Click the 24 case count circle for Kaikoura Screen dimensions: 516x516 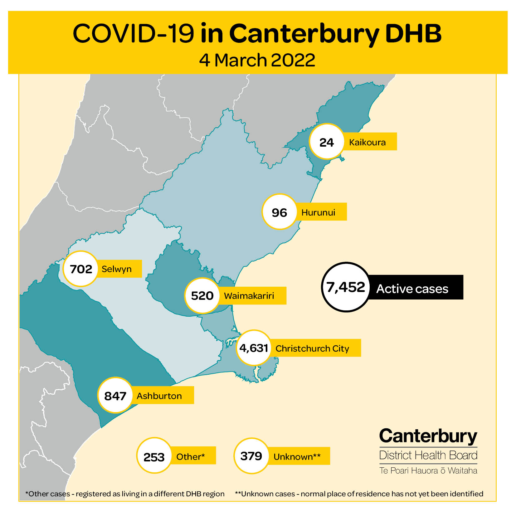326,142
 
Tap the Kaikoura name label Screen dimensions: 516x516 368,142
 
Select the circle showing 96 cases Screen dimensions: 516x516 279,212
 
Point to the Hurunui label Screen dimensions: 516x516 318,212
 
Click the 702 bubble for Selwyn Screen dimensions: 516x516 81,269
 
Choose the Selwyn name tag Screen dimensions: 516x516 117,269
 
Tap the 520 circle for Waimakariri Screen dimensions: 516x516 202,295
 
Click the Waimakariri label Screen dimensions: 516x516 249,295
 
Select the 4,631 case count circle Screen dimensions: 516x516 254,348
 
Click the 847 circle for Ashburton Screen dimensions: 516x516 115,395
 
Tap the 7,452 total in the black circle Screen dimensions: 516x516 346,287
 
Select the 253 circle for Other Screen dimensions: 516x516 154,456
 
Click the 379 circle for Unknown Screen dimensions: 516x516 251,456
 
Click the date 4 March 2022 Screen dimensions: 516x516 257,60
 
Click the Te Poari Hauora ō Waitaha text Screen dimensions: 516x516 428,470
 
